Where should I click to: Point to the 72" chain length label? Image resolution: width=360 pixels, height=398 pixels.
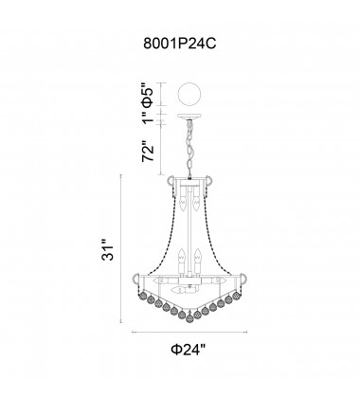tap(145, 152)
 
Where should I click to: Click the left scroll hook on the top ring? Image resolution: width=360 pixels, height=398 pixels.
tap(171, 182)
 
